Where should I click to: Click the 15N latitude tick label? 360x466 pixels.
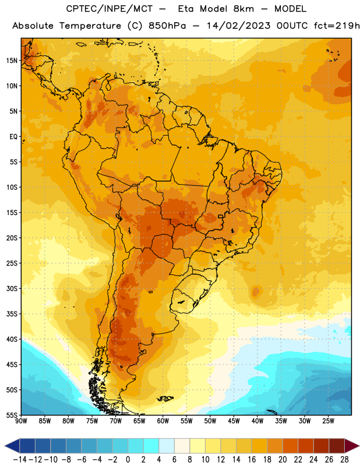click(x=12, y=61)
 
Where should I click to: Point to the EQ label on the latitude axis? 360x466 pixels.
click(x=13, y=137)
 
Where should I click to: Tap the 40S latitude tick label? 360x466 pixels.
click(x=12, y=339)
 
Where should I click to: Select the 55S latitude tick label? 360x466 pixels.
click(x=12, y=415)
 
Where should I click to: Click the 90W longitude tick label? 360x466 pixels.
click(x=21, y=421)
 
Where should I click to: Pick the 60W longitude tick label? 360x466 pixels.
click(x=163, y=421)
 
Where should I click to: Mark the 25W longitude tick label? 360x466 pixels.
click(x=328, y=421)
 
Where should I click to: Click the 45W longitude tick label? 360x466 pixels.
click(x=234, y=421)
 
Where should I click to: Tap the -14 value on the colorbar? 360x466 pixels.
click(x=20, y=460)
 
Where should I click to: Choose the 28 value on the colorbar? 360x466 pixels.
click(x=344, y=460)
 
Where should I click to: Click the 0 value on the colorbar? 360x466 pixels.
click(x=128, y=460)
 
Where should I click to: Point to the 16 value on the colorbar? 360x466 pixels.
click(x=252, y=460)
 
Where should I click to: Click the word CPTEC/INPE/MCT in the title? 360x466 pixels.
click(x=109, y=9)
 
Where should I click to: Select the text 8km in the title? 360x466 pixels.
click(x=243, y=9)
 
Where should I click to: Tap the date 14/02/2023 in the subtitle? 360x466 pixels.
click(x=238, y=26)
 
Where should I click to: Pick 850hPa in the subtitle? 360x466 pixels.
click(x=167, y=26)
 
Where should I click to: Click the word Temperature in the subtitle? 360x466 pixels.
click(x=90, y=26)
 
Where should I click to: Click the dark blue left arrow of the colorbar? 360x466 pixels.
click(x=12, y=446)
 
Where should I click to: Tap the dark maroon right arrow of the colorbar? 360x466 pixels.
click(x=352, y=446)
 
